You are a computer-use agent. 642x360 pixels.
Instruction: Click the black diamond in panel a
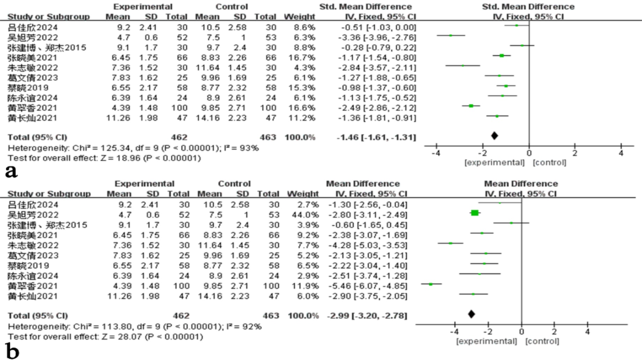pos(494,136)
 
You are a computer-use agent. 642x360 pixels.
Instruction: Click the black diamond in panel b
pos(471,314)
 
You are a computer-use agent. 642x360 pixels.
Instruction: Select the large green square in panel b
pos(475,213)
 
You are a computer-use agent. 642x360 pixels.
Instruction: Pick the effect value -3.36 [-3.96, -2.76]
pos(377,37)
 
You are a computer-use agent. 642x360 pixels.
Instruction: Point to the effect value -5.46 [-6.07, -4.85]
pos(368,286)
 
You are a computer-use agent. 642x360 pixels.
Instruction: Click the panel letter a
pos(11,171)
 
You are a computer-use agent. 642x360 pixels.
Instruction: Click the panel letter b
pos(13,351)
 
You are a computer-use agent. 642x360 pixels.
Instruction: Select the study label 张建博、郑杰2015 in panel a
pos(47,47)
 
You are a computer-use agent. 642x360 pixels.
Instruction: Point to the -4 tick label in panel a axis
pos(436,153)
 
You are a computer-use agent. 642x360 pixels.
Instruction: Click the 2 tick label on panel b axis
pos(554,332)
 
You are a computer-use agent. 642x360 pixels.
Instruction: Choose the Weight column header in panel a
pos(299,17)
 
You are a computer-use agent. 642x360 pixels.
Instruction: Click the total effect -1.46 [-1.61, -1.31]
pos(376,137)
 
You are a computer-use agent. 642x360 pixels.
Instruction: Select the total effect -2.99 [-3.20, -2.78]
pos(367,316)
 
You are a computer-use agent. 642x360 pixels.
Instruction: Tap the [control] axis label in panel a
pos(549,163)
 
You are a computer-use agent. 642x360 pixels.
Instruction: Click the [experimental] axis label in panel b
pos(486,341)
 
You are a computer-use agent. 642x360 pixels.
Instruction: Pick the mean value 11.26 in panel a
pos(118,118)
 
